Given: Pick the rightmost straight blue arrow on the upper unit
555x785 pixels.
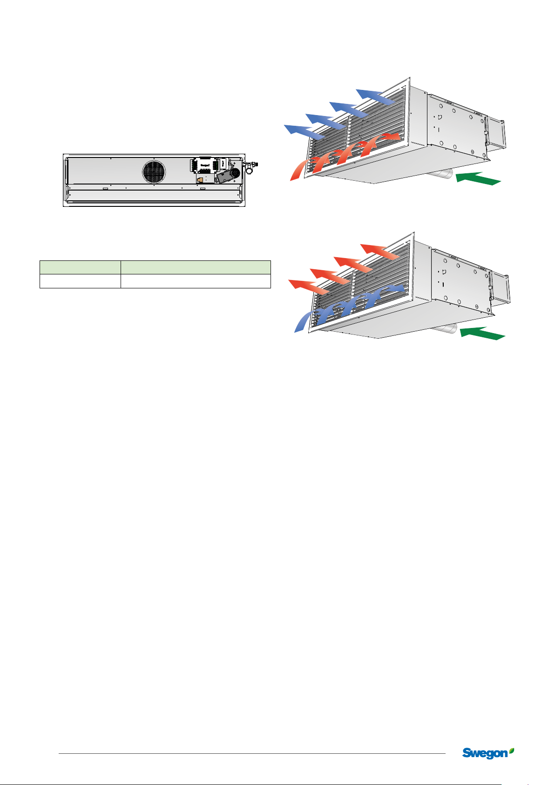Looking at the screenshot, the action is coord(374,96).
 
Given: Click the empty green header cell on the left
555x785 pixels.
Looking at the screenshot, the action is coord(80,267).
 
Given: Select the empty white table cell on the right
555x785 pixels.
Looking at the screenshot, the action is coord(196,281).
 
